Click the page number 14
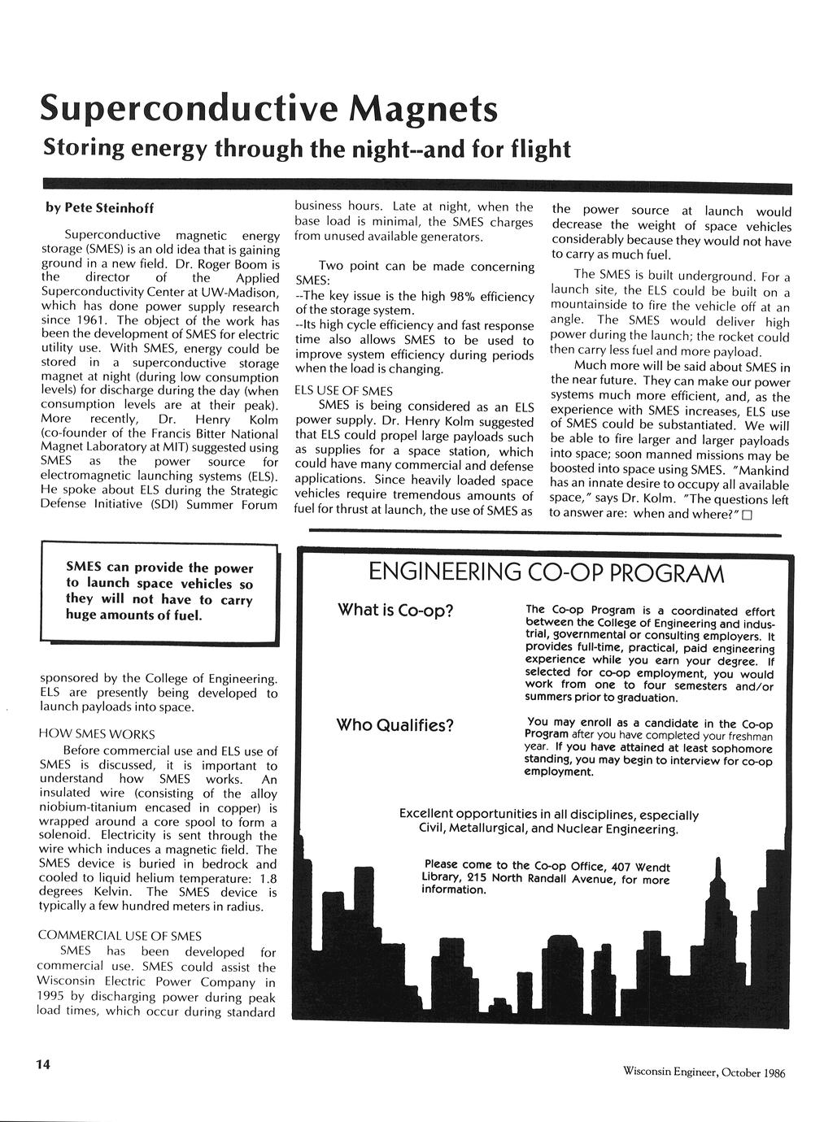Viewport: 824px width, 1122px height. pyautogui.click(x=42, y=1065)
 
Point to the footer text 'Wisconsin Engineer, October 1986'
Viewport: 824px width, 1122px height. pyautogui.click(x=704, y=1072)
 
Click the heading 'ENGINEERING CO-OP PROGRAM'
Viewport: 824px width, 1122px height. pyautogui.click(x=546, y=574)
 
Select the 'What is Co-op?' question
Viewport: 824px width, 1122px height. pyautogui.click(x=395, y=610)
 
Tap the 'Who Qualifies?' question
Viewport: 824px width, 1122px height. pyautogui.click(x=395, y=724)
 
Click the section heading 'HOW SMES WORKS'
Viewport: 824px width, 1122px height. pyautogui.click(x=97, y=734)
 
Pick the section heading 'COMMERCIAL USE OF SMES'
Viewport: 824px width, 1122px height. pyautogui.click(x=120, y=936)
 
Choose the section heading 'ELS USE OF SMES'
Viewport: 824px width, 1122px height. pyautogui.click(x=343, y=390)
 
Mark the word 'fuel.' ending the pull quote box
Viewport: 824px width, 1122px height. pyautogui.click(x=183, y=615)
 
